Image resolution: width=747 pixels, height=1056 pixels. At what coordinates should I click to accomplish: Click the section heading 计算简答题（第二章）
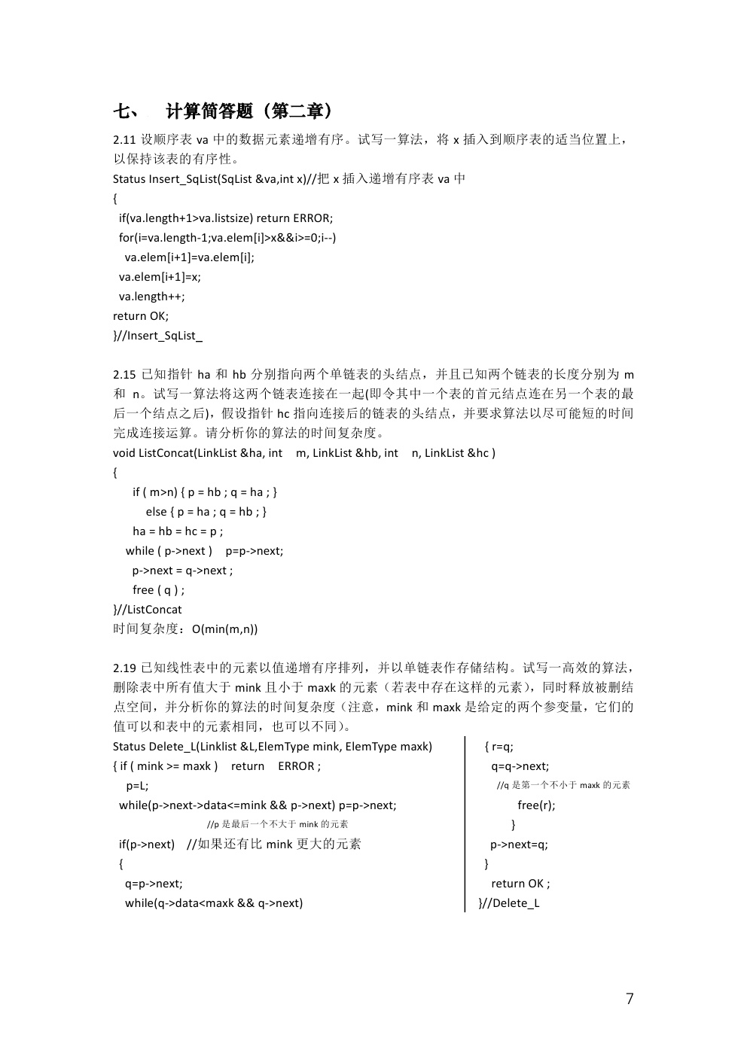(x=248, y=111)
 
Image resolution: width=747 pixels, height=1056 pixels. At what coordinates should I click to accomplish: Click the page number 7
(x=630, y=999)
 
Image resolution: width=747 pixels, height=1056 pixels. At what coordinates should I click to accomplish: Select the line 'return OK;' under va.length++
(x=141, y=316)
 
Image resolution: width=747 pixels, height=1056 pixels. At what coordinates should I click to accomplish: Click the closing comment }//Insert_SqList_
(x=157, y=336)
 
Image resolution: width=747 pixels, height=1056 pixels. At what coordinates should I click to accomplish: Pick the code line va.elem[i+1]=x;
(x=160, y=277)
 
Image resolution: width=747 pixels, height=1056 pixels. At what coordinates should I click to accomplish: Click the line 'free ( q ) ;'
(x=158, y=590)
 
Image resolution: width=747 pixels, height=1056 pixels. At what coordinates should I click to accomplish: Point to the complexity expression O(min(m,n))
(x=224, y=629)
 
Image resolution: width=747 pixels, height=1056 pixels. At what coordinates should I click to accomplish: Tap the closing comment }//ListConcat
(x=148, y=610)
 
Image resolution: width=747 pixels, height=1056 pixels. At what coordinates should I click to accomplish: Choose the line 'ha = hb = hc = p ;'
(x=178, y=531)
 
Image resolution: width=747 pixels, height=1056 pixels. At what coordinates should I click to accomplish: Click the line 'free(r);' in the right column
(x=536, y=805)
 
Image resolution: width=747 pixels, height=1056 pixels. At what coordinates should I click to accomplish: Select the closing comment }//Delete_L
(x=509, y=903)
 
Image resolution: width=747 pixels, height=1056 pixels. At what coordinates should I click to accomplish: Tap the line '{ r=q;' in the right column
(x=499, y=747)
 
